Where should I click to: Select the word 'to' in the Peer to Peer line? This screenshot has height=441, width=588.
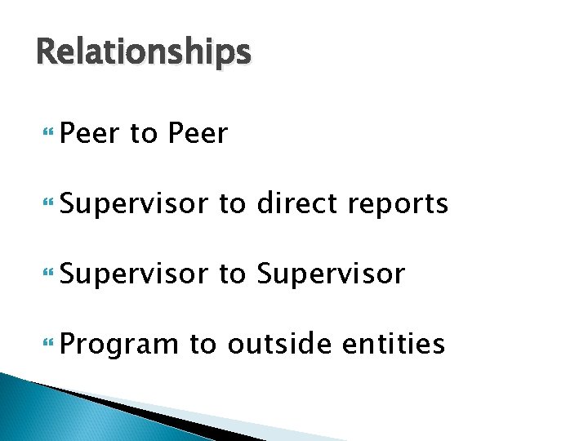point(143,133)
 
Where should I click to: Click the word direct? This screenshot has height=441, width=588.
point(297,203)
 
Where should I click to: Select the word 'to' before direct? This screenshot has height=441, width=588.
point(232,203)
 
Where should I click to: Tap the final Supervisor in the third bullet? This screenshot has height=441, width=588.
point(330,274)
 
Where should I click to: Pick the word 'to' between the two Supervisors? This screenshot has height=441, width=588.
point(232,274)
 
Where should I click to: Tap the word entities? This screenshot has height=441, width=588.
point(394,344)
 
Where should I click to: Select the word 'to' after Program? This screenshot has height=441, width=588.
point(203,344)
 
